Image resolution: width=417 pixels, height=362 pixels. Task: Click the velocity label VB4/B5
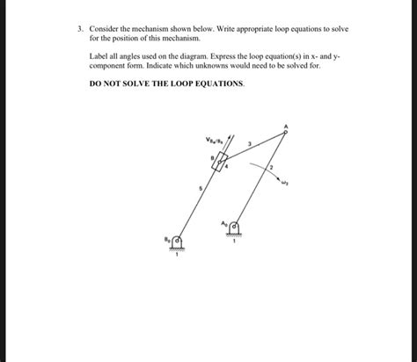coord(213,138)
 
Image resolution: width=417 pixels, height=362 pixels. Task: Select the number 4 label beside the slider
coord(227,164)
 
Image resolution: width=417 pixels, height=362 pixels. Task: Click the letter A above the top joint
coord(285,125)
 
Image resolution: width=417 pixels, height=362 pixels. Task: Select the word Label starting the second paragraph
coord(99,54)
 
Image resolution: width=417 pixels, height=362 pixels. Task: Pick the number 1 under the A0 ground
coord(234,243)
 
